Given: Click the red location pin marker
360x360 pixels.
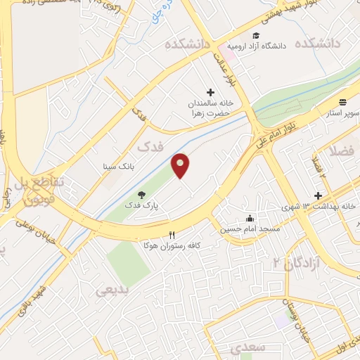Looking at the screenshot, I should point(181,165).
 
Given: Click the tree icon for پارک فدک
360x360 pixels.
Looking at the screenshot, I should point(142,195).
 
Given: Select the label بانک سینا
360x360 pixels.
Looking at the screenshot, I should point(117,167).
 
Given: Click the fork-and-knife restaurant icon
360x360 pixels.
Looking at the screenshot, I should point(172,234).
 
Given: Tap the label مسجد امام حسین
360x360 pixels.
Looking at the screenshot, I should point(250,229).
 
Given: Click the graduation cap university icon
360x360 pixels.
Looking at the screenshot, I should point(256,36).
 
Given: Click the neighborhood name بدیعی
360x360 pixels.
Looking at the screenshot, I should point(112,290).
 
